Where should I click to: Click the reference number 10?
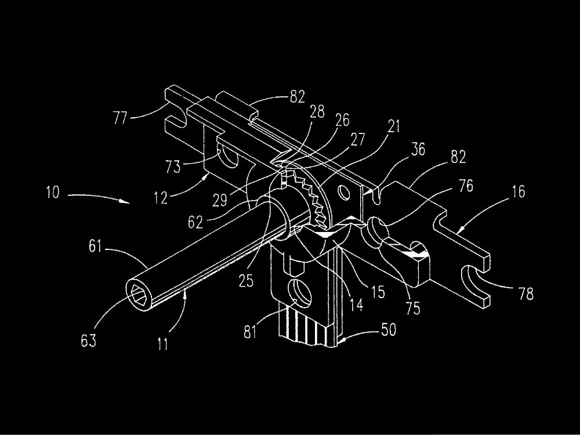pyautogui.click(x=50, y=193)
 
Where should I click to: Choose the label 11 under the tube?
pyautogui.click(x=163, y=344)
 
